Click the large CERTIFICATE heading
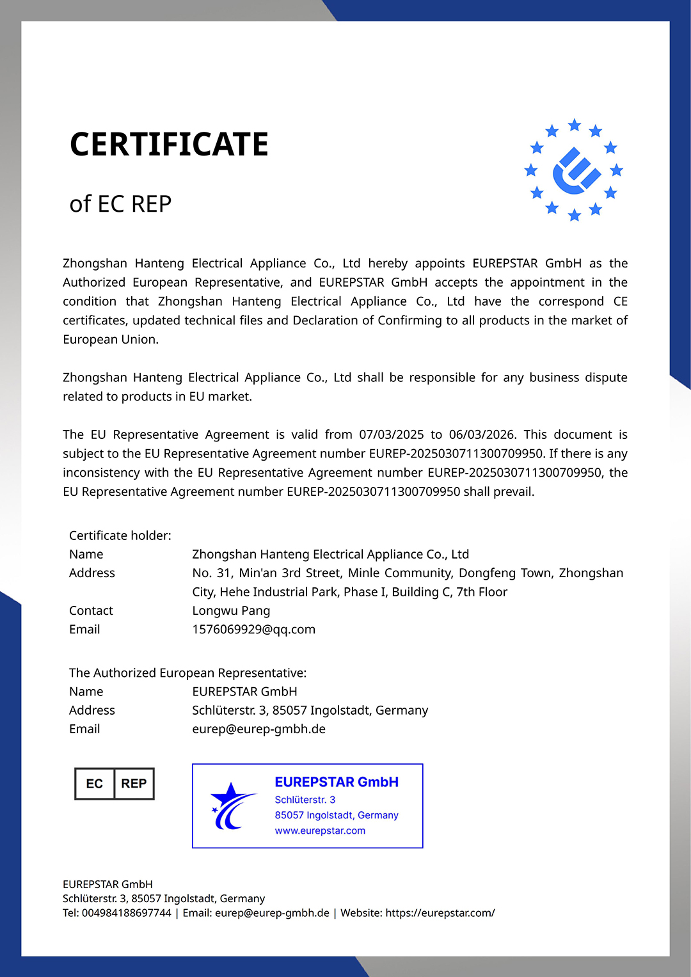point(169,145)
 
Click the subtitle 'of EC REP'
point(120,204)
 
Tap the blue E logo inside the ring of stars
point(575,171)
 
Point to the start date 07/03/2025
point(391,435)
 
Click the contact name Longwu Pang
point(231,611)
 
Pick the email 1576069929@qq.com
point(253,630)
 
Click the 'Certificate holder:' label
point(120,536)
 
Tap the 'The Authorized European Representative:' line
point(187,673)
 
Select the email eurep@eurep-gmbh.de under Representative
point(258,729)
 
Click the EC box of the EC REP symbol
point(95,784)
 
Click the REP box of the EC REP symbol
point(134,784)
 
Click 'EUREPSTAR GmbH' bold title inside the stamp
point(337,782)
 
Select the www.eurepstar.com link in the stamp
point(320,830)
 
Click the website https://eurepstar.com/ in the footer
point(440,913)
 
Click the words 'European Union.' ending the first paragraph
point(110,340)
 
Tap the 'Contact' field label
point(91,611)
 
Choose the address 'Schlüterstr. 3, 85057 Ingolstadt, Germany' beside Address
point(310,711)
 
